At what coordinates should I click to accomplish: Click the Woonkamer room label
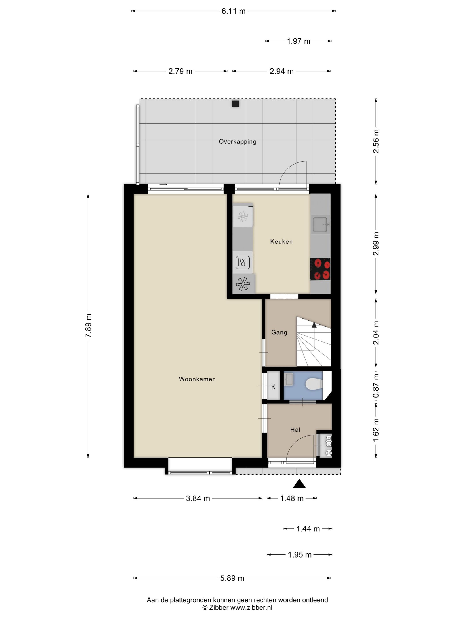coord(197,379)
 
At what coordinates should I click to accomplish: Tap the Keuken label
coord(281,242)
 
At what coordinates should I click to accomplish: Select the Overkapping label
coord(238,142)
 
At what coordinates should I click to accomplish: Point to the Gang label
coord(279,332)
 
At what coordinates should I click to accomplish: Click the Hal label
coord(295,430)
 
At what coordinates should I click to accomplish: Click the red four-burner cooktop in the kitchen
coord(320,269)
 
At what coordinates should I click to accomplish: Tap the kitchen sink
coord(320,224)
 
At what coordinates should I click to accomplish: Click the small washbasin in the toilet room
coord(289,379)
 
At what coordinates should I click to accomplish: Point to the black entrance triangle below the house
coord(299,484)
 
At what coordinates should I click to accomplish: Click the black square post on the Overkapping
coord(236,104)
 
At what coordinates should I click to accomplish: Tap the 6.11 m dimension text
coord(234,11)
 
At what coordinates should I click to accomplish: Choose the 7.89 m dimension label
coord(88,326)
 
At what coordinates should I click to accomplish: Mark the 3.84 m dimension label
coord(198,498)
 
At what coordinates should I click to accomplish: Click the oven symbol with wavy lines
coord(242,262)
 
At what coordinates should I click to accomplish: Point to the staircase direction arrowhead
coord(314,325)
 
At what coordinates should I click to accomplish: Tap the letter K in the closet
coord(273,387)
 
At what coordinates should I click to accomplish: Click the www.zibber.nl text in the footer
coord(251,607)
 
